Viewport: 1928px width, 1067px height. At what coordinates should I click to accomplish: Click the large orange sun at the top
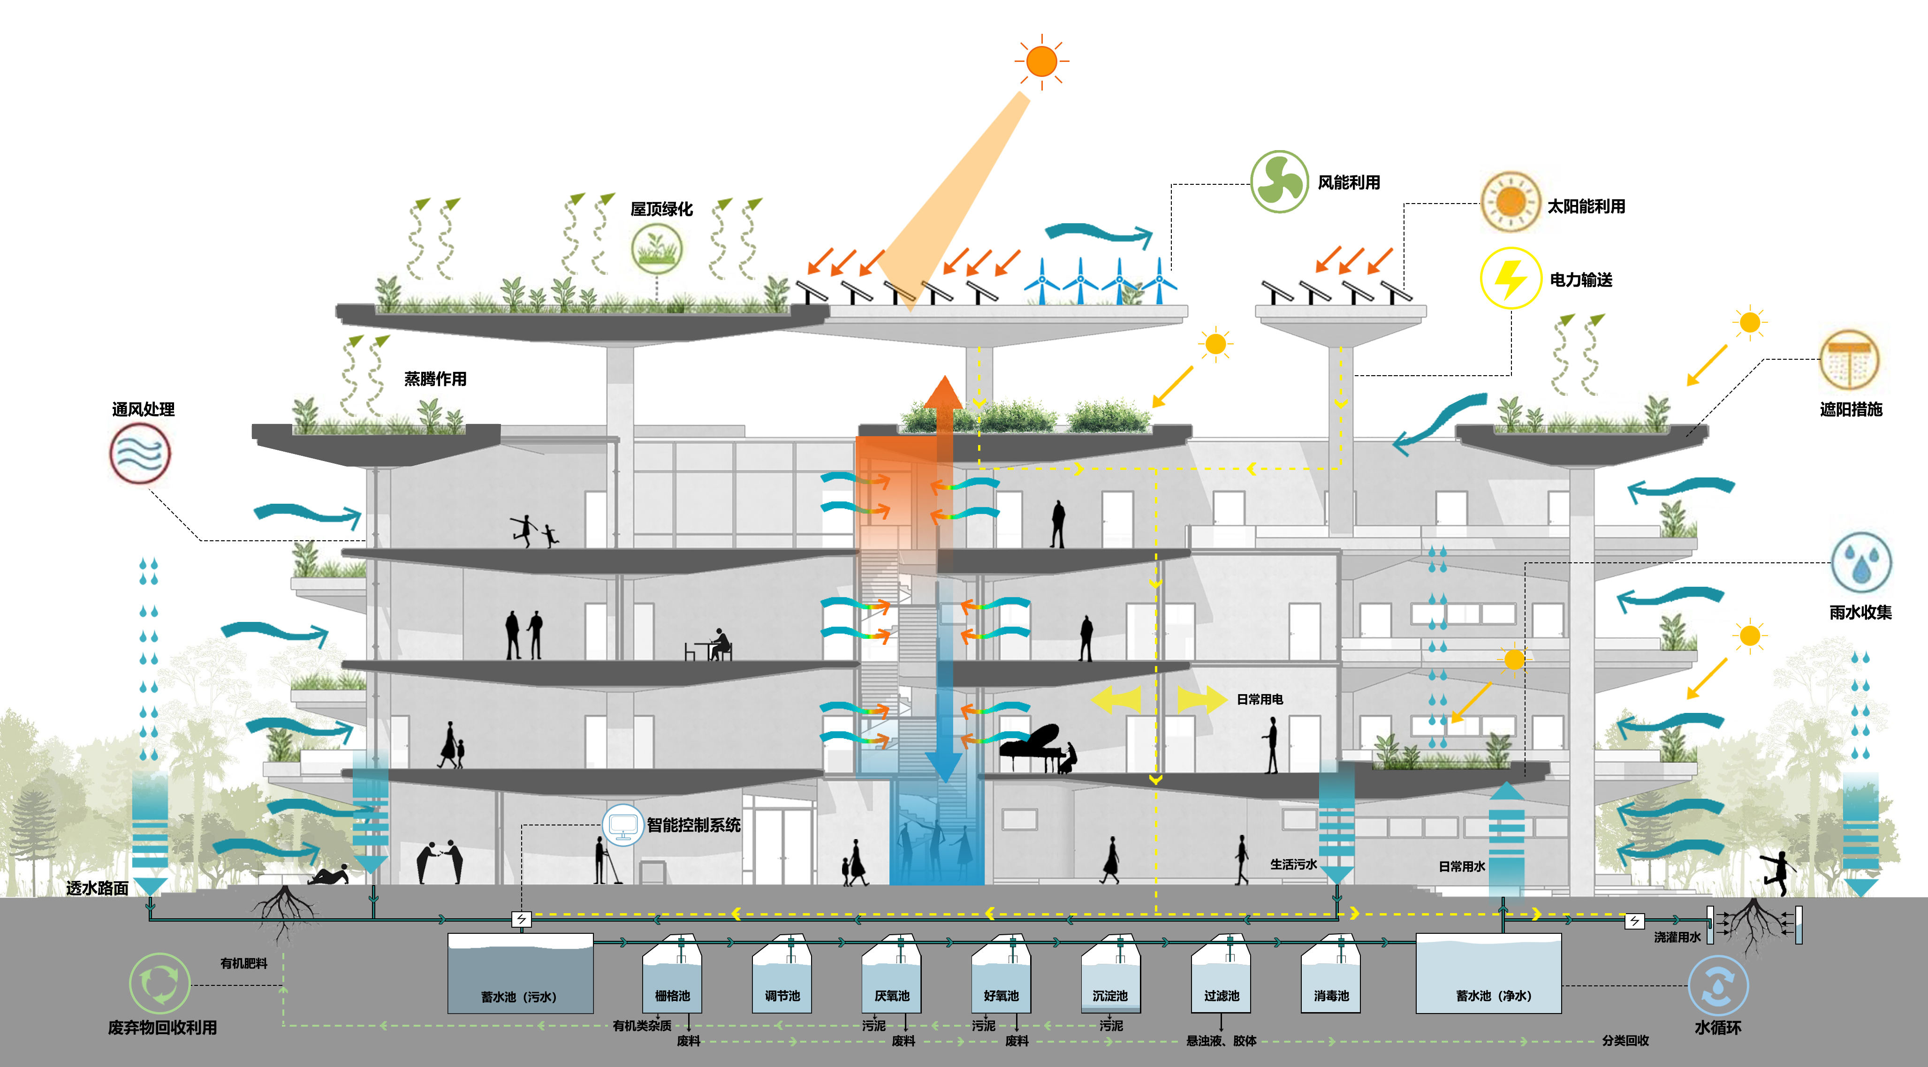[x=1041, y=61]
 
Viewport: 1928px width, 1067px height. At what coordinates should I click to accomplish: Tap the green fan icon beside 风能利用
[x=1279, y=182]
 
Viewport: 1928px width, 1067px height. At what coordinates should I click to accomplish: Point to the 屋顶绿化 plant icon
[x=656, y=249]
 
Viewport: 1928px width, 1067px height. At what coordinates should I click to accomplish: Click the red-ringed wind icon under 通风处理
[x=140, y=453]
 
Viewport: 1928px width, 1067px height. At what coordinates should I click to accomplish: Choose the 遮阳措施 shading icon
[x=1849, y=360]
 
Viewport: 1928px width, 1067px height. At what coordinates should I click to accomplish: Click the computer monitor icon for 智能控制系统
[x=622, y=825]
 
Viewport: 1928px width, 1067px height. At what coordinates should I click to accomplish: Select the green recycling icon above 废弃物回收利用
[x=159, y=983]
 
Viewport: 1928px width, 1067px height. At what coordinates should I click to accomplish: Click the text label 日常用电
[x=1260, y=699]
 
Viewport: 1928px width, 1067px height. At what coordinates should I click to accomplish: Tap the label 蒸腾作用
[x=435, y=378]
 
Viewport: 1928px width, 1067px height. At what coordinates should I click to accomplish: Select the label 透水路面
[x=97, y=888]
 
